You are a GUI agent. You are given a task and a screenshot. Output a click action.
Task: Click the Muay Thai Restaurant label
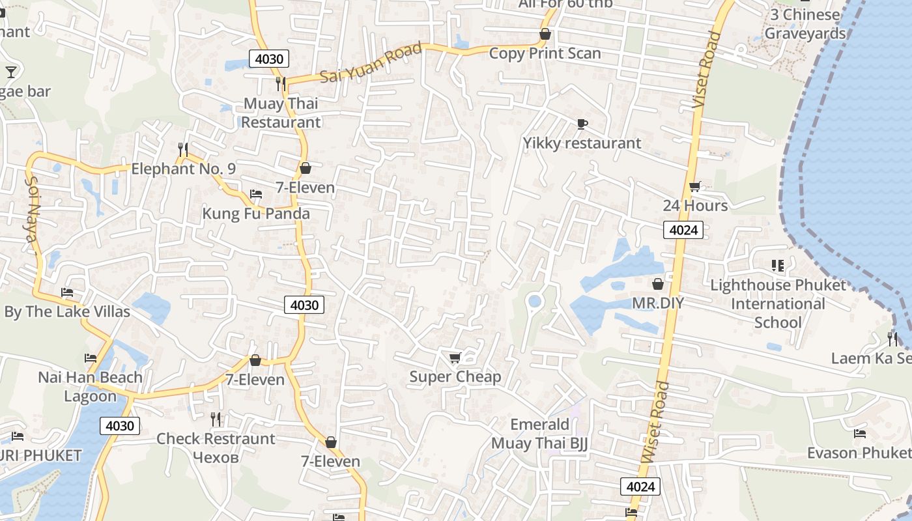click(281, 113)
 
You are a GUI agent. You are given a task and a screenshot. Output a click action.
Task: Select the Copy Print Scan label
click(545, 53)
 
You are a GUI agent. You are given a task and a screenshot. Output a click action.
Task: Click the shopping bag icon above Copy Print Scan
click(545, 35)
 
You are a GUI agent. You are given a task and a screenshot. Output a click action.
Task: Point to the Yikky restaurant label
click(582, 143)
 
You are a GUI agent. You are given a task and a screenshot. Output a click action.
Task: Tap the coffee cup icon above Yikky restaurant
click(582, 124)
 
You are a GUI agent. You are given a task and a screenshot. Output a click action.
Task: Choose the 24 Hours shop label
click(695, 206)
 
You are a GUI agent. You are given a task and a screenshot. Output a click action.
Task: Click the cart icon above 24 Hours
click(695, 187)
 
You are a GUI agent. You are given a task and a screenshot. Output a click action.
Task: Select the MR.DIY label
click(658, 303)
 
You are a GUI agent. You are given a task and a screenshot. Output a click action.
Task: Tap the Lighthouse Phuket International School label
click(778, 303)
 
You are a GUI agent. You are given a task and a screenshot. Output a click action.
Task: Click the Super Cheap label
click(455, 376)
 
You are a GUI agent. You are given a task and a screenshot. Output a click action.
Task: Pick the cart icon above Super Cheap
click(455, 358)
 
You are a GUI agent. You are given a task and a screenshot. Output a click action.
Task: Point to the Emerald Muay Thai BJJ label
click(539, 434)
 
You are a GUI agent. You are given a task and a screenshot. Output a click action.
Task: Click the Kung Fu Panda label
click(256, 214)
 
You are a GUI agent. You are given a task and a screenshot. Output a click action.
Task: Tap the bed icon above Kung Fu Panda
click(256, 194)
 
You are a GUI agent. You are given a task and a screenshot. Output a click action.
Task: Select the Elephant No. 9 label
click(183, 169)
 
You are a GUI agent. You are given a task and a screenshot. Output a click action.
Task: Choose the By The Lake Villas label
click(67, 312)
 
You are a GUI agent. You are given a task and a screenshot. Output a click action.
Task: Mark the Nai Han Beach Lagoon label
click(90, 387)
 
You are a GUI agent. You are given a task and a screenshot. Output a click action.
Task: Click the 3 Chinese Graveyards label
click(805, 24)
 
